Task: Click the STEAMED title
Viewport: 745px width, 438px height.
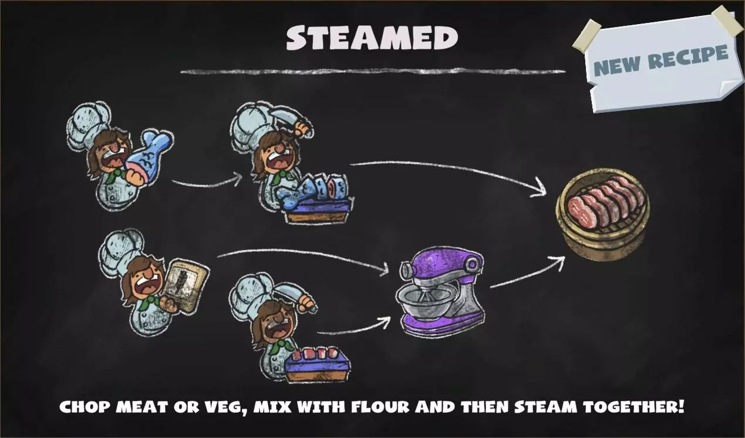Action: tap(372, 38)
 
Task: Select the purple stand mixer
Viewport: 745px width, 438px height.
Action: tap(441, 293)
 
